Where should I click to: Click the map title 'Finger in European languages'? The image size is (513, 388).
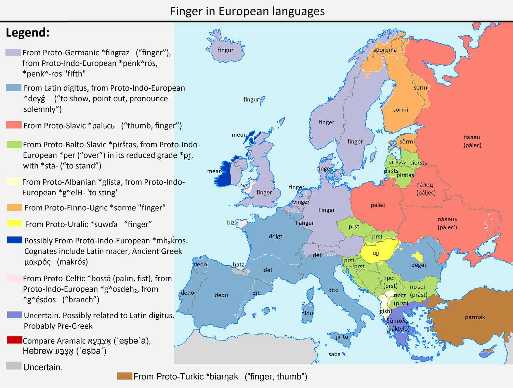(x=247, y=11)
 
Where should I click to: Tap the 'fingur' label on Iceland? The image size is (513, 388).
(x=226, y=50)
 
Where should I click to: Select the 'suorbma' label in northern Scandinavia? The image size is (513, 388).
(x=385, y=50)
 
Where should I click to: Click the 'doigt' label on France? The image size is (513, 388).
(x=276, y=236)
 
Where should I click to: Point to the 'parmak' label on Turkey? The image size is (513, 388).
(x=475, y=317)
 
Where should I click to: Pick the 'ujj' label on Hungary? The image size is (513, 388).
(x=376, y=253)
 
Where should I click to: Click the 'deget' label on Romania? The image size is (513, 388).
(x=419, y=265)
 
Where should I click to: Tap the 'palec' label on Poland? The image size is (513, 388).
(x=378, y=205)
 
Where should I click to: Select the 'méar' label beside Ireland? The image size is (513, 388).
(x=214, y=171)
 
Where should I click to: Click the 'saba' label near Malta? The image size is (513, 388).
(x=334, y=354)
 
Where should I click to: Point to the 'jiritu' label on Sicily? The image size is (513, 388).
(x=342, y=337)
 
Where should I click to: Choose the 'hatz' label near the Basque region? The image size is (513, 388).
(x=238, y=264)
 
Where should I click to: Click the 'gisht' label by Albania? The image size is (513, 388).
(x=386, y=311)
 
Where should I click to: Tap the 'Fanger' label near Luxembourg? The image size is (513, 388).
(x=305, y=223)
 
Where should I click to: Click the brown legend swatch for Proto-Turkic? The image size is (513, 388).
(x=124, y=376)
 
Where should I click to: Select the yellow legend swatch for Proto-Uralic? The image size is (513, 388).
(x=15, y=224)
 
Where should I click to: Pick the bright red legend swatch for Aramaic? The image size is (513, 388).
(x=14, y=340)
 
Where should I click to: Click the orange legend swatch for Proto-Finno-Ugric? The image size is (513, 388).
(x=14, y=208)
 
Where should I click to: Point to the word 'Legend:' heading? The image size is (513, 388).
(x=28, y=32)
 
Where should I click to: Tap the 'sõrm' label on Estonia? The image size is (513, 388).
(x=406, y=142)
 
